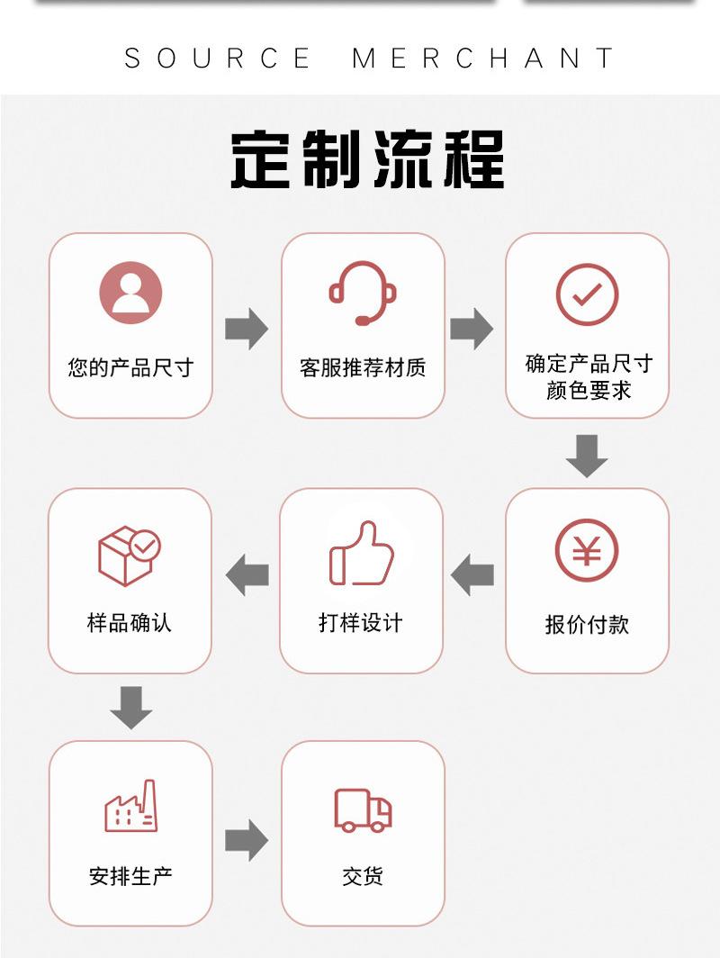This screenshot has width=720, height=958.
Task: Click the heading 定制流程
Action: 366,160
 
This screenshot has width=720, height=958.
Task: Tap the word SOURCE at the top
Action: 218,59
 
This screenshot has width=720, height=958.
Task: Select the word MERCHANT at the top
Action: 483,59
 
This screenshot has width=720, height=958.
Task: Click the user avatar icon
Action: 130,293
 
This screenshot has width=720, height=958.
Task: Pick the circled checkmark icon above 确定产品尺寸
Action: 587,294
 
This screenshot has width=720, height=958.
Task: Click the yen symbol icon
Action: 587,550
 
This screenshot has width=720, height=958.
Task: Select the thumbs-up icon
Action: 362,554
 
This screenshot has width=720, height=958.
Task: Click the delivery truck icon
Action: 363,809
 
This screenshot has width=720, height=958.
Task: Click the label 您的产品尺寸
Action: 130,367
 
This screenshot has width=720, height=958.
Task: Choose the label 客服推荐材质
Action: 363,367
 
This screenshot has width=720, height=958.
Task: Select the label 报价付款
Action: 587,624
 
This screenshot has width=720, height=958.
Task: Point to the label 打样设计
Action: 361,622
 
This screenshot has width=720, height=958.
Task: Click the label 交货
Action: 363,875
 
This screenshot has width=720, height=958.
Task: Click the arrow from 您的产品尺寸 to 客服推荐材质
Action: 246,328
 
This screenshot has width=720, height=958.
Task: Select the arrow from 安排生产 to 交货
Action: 246,840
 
